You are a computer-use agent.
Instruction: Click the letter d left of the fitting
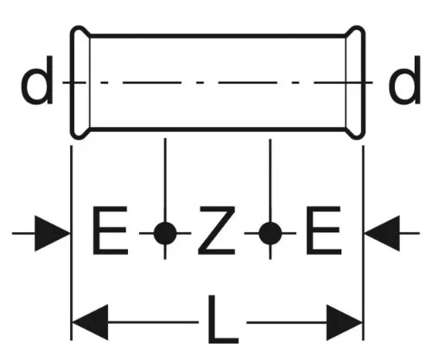coord(37,80)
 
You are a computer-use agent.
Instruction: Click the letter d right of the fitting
coord(404,80)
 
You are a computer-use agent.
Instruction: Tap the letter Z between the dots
coord(217,231)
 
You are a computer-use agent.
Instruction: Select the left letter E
coord(110,231)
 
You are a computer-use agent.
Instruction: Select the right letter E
coord(324,231)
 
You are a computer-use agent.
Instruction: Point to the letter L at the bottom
coord(223,319)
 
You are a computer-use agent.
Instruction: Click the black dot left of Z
coord(165,233)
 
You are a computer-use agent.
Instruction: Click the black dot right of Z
coord(270,233)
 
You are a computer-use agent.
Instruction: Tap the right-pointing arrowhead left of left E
coord(53,233)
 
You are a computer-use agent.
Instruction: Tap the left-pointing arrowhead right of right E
coord(382,233)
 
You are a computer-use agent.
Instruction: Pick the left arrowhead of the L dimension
coord(90,322)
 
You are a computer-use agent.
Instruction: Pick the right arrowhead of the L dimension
coord(345,322)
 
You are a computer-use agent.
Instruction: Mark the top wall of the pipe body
coord(218,36)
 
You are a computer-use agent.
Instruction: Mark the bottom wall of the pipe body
coord(218,129)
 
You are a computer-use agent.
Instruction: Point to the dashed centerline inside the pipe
coord(218,83)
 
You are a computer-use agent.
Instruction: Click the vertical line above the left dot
coord(165,180)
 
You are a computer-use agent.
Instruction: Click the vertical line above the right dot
coord(270,180)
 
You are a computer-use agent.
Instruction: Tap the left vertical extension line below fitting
coord(72,243)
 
